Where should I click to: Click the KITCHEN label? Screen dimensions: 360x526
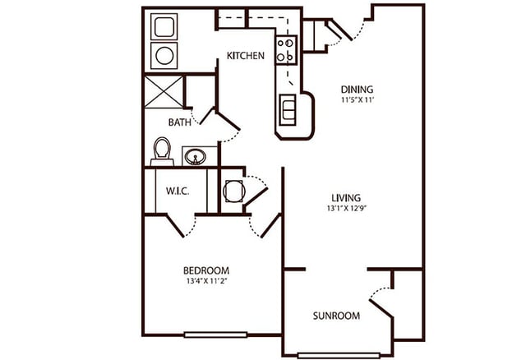tap(246, 56)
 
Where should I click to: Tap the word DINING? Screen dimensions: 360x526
tap(358, 90)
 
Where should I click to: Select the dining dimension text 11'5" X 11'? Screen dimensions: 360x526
tap(358, 100)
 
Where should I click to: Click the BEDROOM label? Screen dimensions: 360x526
tap(205, 270)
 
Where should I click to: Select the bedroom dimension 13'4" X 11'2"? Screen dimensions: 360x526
tap(205, 281)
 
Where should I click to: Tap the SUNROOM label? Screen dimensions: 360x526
tap(336, 316)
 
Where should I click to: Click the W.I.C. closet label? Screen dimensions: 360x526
tap(178, 192)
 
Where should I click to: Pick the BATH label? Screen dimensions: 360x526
tap(180, 122)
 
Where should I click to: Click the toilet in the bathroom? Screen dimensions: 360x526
tap(162, 151)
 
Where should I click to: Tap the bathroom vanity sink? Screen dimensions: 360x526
tap(195, 155)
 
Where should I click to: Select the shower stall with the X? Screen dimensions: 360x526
tap(163, 92)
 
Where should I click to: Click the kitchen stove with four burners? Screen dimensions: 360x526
tap(286, 50)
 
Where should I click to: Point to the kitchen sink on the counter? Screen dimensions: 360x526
tap(288, 108)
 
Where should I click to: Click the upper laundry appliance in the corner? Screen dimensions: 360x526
tap(164, 27)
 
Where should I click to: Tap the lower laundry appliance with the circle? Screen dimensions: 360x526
tap(164, 56)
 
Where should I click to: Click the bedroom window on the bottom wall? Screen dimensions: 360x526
tap(215, 335)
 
